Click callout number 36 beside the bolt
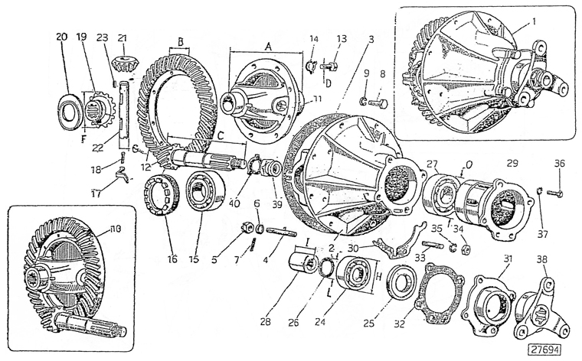(x=560, y=164)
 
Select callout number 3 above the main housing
(x=371, y=37)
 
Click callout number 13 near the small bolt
(x=342, y=38)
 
